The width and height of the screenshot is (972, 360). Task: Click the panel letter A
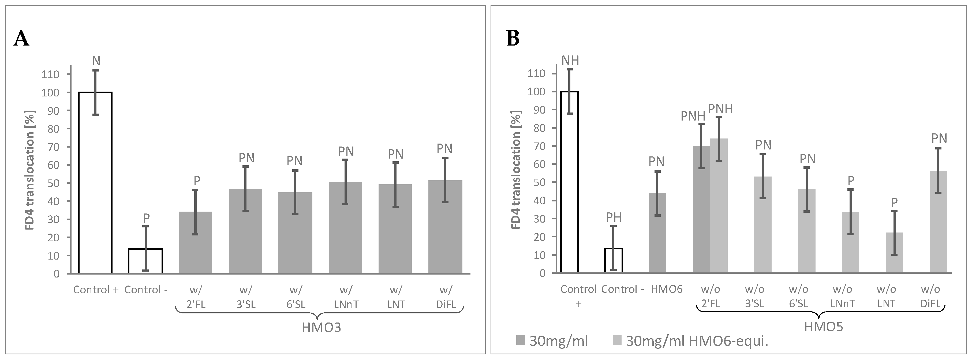(x=21, y=39)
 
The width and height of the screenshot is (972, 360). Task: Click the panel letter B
(x=513, y=39)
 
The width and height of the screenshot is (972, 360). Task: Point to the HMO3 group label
(x=321, y=327)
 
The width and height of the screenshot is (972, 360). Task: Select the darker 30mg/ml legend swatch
(x=520, y=341)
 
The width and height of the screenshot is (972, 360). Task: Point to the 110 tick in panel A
(x=51, y=74)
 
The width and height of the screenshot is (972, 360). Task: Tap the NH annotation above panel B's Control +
(x=570, y=60)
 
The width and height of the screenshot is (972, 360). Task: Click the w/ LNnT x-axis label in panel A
(x=346, y=297)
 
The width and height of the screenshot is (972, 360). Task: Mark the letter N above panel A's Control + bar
(x=96, y=61)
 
